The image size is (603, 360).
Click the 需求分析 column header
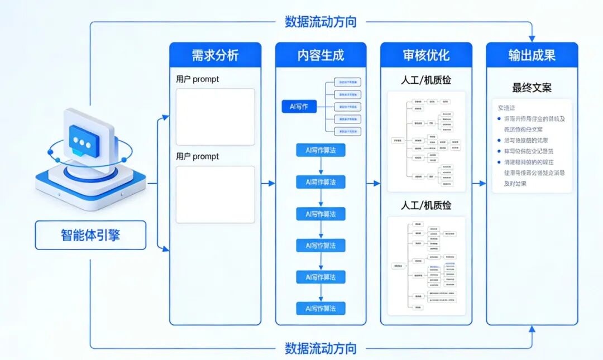(x=215, y=55)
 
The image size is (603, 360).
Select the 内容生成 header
(x=320, y=55)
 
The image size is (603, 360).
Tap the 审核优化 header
(x=426, y=55)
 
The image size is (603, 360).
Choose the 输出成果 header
(x=532, y=55)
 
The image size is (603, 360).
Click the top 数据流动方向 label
(x=320, y=22)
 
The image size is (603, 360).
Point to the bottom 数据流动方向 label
(x=320, y=349)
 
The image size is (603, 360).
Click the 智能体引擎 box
(x=90, y=235)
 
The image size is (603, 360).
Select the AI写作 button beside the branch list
(x=299, y=107)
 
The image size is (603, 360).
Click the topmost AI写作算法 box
(x=320, y=150)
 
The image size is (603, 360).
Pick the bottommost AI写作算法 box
(x=320, y=308)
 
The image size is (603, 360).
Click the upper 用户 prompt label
(x=198, y=79)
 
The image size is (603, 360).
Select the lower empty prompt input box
(x=215, y=194)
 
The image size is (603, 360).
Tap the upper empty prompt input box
(x=215, y=117)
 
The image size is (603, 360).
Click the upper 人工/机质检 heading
(x=426, y=80)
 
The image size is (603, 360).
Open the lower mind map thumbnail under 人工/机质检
(x=426, y=262)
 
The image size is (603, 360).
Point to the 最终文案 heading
(x=532, y=88)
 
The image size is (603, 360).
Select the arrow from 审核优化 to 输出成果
(x=479, y=183)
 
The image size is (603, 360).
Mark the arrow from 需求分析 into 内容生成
(x=269, y=183)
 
